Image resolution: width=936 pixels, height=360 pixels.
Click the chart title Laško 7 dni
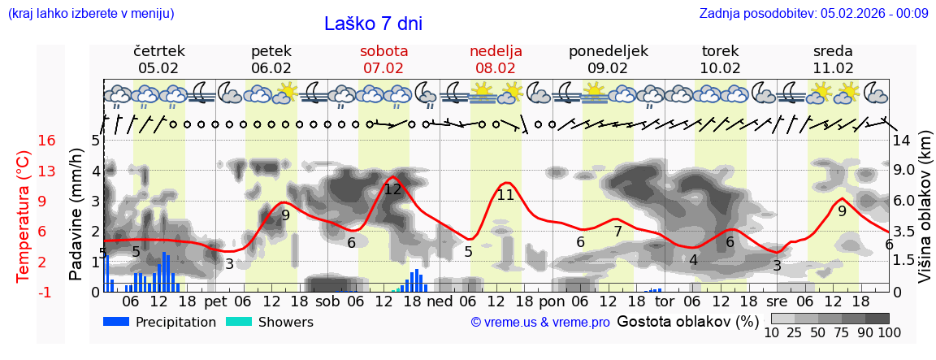tap(373, 24)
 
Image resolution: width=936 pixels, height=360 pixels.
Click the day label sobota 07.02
tap(383, 59)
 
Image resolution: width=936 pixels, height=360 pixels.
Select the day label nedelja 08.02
tap(496, 59)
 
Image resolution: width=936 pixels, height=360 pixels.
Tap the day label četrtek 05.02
tap(158, 59)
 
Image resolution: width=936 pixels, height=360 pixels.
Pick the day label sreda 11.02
tap(833, 59)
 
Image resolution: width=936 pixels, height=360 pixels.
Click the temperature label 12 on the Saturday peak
tap(392, 189)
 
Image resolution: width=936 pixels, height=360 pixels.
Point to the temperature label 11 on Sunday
tap(505, 195)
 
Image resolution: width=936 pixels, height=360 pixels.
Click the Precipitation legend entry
tap(160, 322)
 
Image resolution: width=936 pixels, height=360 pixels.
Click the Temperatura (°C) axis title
tap(24, 216)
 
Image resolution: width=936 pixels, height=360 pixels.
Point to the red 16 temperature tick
tap(47, 141)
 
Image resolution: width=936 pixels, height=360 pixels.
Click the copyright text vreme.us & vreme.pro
tap(540, 322)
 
